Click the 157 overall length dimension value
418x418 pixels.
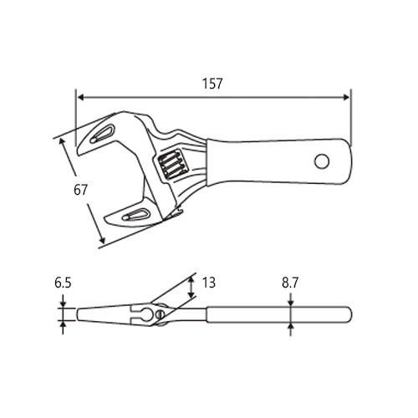tap(212, 84)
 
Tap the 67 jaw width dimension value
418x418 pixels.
tap(80, 190)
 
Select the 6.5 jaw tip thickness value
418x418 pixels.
tap(63, 283)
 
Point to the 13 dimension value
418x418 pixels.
tap(209, 283)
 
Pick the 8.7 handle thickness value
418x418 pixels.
tap(290, 283)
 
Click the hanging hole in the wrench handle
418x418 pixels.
tap(322, 161)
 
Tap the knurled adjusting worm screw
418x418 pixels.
tap(171, 165)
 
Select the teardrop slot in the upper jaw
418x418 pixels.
tap(102, 133)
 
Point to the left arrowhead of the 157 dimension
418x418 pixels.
tap(80, 97)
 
